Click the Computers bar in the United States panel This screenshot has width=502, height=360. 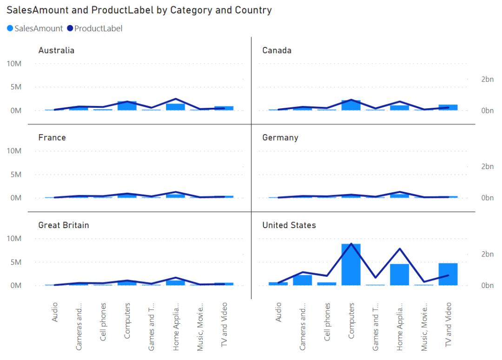click(351, 265)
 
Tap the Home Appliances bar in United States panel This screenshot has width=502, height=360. click(399, 275)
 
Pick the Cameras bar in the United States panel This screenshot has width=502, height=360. click(302, 280)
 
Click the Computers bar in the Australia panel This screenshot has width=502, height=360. click(127, 106)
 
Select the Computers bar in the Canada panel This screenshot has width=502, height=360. click(351, 105)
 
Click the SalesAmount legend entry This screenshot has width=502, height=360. click(35, 28)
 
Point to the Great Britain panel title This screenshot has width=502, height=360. click(64, 225)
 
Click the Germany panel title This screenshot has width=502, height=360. click(280, 138)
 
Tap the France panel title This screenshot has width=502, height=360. click(52, 138)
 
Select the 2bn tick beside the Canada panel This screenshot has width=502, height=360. click(487, 79)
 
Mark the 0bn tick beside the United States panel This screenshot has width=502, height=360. click(487, 285)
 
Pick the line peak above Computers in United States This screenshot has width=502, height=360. click(351, 244)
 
